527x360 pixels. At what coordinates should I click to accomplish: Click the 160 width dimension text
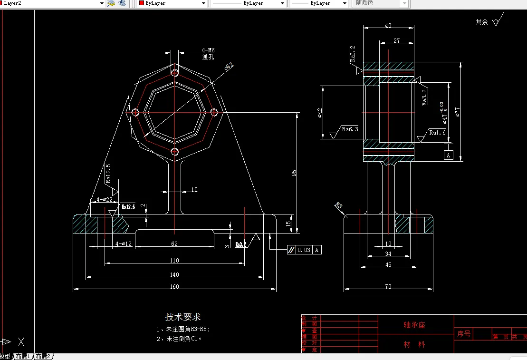174,286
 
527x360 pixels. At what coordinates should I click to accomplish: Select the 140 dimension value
174,274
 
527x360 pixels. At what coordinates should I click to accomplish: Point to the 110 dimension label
174,260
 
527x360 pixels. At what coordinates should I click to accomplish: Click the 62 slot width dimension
174,243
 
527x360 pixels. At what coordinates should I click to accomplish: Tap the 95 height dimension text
294,174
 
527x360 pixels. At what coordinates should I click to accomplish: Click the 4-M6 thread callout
208,50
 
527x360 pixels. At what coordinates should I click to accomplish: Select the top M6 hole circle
175,73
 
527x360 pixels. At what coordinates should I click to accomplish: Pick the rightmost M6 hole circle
214,112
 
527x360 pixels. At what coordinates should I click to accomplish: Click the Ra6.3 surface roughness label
350,129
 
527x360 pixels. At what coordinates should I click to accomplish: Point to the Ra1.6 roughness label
437,133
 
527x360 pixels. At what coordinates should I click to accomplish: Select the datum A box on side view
448,155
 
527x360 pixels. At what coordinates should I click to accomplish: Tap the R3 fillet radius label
338,205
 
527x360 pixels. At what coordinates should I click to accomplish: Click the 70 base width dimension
388,286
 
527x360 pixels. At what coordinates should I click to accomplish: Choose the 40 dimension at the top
388,26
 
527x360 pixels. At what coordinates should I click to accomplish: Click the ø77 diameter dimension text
457,112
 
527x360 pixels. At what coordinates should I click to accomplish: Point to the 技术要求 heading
183,317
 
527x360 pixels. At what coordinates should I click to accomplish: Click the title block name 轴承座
414,325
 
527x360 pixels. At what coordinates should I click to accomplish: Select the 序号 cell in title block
464,334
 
